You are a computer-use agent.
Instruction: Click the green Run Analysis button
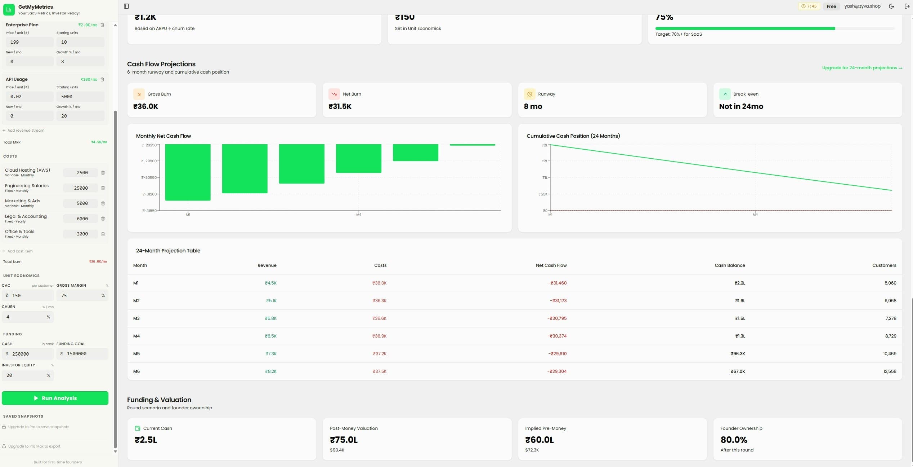coord(55,398)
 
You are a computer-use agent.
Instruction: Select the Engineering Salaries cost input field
coord(81,188)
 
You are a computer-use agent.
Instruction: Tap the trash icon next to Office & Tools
coord(103,234)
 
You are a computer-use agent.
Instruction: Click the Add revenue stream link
coord(26,131)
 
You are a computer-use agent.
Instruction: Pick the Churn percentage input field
coord(25,317)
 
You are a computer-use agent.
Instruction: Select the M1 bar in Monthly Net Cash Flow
coord(188,172)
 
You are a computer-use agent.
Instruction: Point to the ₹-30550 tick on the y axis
coord(149,177)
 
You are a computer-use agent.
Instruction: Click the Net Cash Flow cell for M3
coord(557,318)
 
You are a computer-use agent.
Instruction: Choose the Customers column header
coord(884,265)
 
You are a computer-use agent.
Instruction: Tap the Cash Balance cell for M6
coord(737,371)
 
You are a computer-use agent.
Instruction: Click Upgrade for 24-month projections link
coord(862,68)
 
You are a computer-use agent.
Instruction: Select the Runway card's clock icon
coord(529,94)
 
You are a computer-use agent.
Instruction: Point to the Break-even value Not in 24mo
coord(741,106)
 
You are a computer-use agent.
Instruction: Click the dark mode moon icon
coord(891,6)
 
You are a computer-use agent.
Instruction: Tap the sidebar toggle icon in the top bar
coord(126,6)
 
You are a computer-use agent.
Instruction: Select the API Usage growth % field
coord(80,116)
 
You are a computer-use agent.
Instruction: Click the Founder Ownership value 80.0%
coord(734,440)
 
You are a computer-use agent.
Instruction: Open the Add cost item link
coord(20,251)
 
